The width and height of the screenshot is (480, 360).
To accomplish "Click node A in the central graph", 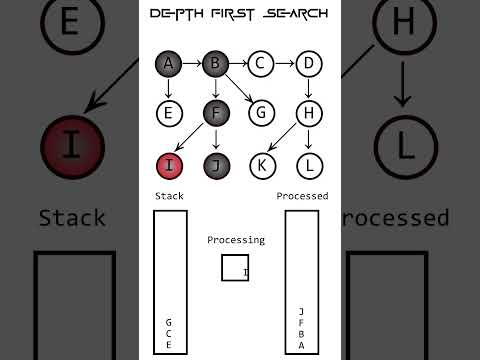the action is point(168,64).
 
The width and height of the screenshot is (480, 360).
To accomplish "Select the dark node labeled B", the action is point(215,64).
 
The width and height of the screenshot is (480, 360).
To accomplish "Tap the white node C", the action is point(262,64).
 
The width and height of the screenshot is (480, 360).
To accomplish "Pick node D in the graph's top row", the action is point(310,64).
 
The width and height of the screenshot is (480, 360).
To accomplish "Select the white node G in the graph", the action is point(262,112).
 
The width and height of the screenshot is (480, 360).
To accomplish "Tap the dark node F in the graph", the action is point(215,112).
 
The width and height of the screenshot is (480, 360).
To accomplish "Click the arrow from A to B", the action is point(191,64).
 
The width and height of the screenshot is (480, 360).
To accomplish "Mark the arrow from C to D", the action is point(286,64).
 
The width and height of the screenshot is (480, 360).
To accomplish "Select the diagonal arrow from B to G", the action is point(239,88).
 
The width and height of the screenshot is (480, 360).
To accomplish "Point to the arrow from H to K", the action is point(286,138).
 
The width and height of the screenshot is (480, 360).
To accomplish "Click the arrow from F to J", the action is point(215,138).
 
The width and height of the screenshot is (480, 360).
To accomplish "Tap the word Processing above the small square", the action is point(236,240).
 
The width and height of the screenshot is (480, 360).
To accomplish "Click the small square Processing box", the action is point(235,268).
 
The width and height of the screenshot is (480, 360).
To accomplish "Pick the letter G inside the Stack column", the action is point(168,322).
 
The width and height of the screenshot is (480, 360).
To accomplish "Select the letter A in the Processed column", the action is point(301,346).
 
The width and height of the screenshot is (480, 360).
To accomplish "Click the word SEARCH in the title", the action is point(299,14).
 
